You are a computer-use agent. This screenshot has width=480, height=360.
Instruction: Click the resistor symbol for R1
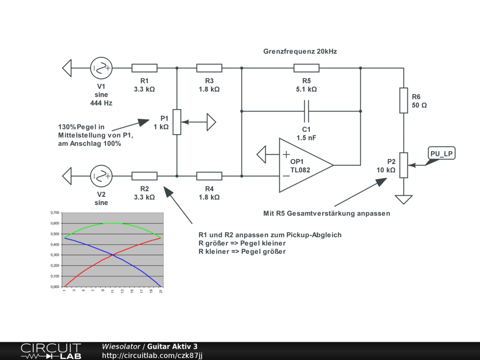click(x=144, y=68)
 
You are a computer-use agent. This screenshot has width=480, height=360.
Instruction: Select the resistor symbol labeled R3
click(x=209, y=68)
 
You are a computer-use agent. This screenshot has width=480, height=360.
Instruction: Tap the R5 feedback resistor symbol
click(x=307, y=68)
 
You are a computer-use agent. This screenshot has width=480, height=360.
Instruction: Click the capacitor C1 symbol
click(x=307, y=111)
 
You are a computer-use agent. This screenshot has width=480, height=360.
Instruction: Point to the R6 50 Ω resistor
click(x=404, y=100)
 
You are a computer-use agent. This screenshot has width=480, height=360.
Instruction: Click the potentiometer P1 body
click(x=177, y=122)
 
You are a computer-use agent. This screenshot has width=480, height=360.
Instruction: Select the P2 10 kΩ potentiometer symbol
click(x=404, y=165)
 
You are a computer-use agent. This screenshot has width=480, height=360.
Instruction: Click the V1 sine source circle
click(x=101, y=68)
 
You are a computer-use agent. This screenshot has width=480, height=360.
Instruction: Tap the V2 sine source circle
click(x=101, y=176)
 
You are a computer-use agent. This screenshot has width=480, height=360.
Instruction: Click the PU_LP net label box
click(x=442, y=153)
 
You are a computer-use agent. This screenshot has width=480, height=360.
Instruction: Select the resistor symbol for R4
click(x=209, y=176)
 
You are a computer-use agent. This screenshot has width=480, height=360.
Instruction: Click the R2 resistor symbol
click(x=144, y=176)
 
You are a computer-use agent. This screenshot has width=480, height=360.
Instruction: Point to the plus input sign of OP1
click(x=286, y=154)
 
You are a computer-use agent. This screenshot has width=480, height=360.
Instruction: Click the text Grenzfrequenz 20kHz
click(x=300, y=52)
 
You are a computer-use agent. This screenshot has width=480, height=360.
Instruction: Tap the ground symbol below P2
click(x=404, y=200)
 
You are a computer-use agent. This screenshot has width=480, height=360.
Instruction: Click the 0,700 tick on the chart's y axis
click(x=55, y=213)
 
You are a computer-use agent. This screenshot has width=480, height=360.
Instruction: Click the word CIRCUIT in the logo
click(x=51, y=348)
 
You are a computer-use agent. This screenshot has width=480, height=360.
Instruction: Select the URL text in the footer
click(x=152, y=355)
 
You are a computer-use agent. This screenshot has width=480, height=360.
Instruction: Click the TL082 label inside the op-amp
click(x=300, y=170)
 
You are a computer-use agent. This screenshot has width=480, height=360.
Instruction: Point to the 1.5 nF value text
click(x=307, y=138)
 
